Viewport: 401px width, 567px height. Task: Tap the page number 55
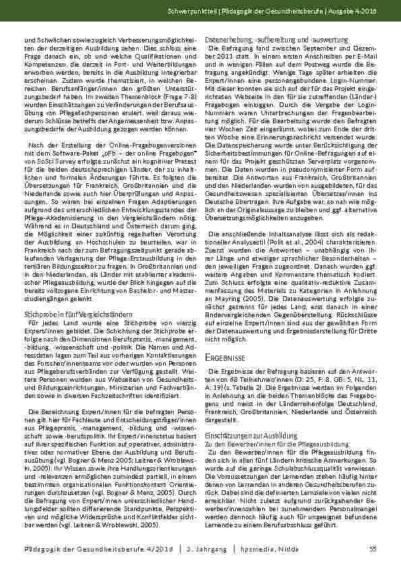[372, 549]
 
